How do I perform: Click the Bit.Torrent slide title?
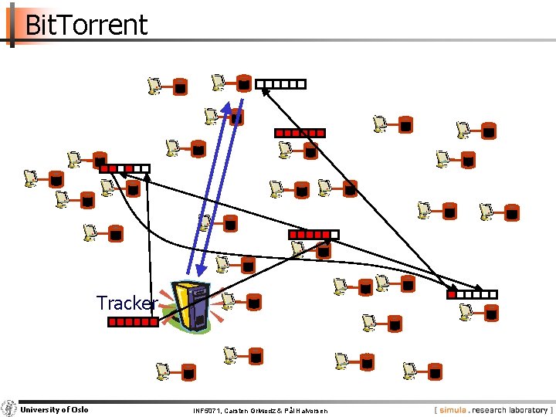pyautogui.click(x=86, y=25)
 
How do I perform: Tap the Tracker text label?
pyautogui.click(x=127, y=303)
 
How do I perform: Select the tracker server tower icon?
pyautogui.click(x=192, y=306)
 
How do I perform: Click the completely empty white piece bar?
pyautogui.click(x=281, y=84)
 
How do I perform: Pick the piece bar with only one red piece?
pyautogui.click(x=473, y=294)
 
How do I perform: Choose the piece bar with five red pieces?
pyautogui.click(x=313, y=234)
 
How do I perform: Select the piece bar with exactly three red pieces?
pyautogui.click(x=124, y=168)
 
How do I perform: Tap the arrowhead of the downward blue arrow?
pyautogui.click(x=200, y=270)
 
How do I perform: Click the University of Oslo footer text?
pyautogui.click(x=54, y=409)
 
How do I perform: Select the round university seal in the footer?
pyautogui.click(x=8, y=409)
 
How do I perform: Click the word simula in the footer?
pyautogui.click(x=455, y=410)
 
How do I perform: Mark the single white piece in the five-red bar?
pyautogui.click(x=334, y=234)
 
